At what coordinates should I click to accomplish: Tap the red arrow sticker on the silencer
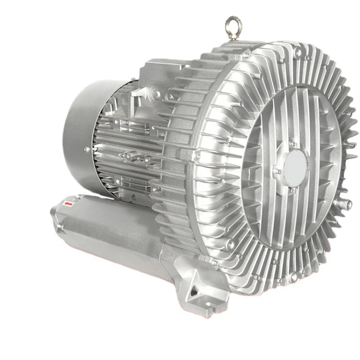coord(69,204)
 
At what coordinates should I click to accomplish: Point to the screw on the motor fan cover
coord(86,149)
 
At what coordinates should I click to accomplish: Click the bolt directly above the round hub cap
coord(292,144)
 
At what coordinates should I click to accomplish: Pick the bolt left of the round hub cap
coord(278,171)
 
